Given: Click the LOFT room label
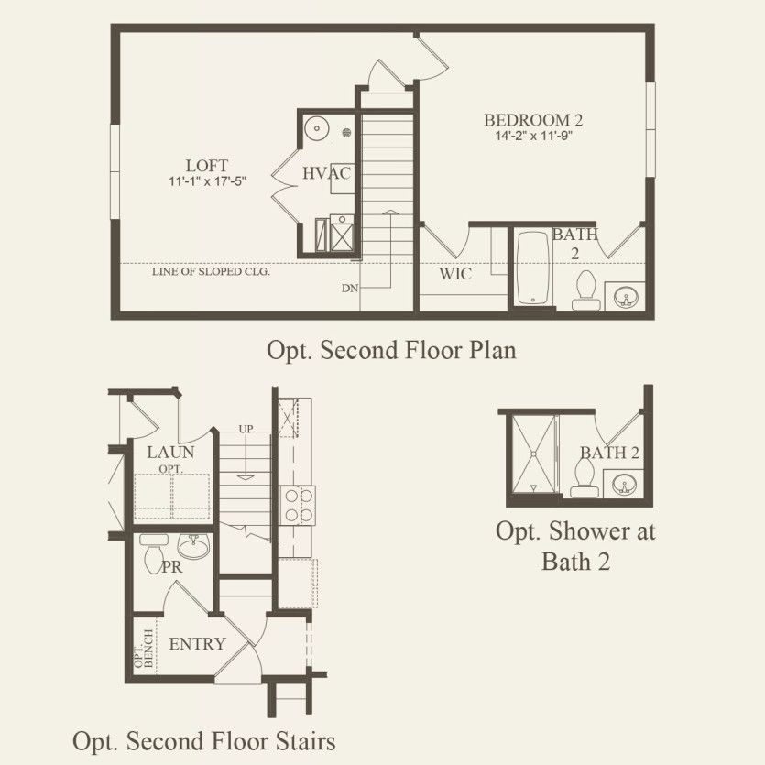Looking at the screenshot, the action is tap(206, 166).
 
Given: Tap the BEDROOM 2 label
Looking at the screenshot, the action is tap(533, 120).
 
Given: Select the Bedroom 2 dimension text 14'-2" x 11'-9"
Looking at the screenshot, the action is tap(533, 136).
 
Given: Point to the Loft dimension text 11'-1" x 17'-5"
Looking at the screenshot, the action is tap(207, 181).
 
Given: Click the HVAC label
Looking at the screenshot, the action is tap(326, 173).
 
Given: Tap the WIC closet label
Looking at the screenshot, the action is tap(454, 274).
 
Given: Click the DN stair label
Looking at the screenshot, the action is tap(349, 289).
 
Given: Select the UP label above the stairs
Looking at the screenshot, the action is tap(246, 429).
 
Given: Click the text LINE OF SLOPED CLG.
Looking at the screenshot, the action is tap(211, 272).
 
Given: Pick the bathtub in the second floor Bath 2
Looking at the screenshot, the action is tap(533, 268).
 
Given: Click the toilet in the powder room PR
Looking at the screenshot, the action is tap(154, 553).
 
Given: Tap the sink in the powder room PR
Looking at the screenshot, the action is tap(193, 546).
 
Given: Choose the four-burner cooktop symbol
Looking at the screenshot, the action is tap(298, 505).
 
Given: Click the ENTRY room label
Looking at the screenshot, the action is tap(197, 644).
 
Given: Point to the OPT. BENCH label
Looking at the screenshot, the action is tap(144, 649).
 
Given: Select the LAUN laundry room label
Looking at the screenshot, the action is tap(170, 453).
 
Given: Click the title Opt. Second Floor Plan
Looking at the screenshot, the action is tap(391, 350).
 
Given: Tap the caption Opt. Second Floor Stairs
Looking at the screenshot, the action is tap(204, 740).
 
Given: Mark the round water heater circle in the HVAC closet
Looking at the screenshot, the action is tap(317, 129).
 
